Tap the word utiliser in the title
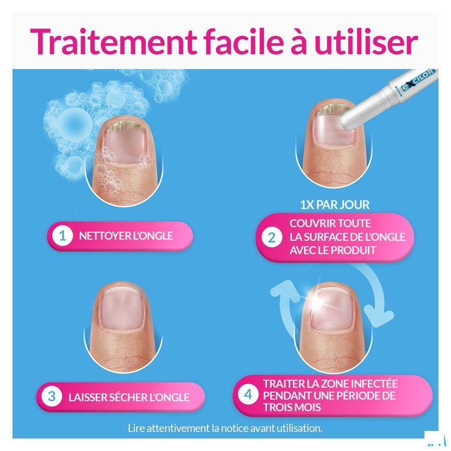365,42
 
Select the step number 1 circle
63,236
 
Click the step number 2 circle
272,238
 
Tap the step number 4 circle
248,395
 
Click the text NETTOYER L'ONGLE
126,236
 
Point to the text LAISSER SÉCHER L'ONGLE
129,397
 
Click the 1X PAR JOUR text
334,204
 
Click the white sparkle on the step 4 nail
318,301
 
